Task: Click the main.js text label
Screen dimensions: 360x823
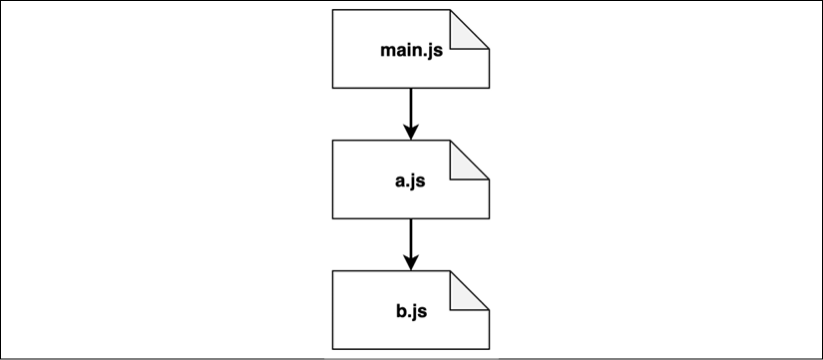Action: click(411, 50)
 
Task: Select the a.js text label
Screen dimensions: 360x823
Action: click(411, 181)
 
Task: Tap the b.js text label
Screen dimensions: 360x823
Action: click(411, 313)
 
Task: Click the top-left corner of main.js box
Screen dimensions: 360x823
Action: click(332, 10)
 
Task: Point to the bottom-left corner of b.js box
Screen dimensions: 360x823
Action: click(332, 350)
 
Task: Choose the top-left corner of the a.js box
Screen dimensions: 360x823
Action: click(332, 142)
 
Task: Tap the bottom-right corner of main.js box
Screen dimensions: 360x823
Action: click(489, 88)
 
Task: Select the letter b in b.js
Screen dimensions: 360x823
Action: click(399, 313)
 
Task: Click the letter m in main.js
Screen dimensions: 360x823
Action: click(388, 50)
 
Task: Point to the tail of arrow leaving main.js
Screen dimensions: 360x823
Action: click(410, 90)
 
